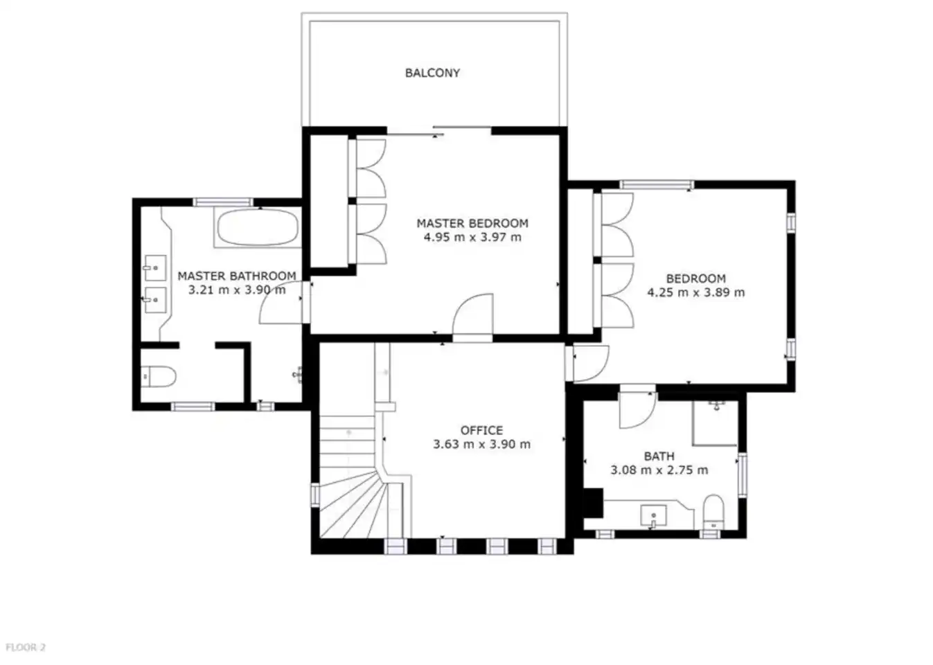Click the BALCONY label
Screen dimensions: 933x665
(432, 73)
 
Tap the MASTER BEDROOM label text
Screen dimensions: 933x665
(472, 223)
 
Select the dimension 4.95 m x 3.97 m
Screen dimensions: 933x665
(472, 238)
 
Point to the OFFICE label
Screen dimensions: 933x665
(481, 430)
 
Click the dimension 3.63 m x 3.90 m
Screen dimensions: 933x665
(481, 444)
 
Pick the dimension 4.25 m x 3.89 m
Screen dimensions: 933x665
(695, 292)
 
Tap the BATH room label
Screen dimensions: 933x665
(659, 456)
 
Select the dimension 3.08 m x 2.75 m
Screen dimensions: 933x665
(659, 470)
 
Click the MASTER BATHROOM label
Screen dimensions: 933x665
(237, 276)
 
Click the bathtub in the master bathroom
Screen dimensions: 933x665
(258, 227)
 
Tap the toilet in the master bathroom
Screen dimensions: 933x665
(159, 377)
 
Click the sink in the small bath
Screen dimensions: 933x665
(653, 516)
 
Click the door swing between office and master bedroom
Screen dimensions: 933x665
(473, 314)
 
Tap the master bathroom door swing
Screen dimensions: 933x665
(281, 303)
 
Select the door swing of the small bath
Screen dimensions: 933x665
(638, 410)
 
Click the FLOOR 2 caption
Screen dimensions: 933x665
(26, 647)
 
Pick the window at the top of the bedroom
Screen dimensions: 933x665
(657, 184)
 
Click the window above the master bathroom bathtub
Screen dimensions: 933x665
(223, 202)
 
